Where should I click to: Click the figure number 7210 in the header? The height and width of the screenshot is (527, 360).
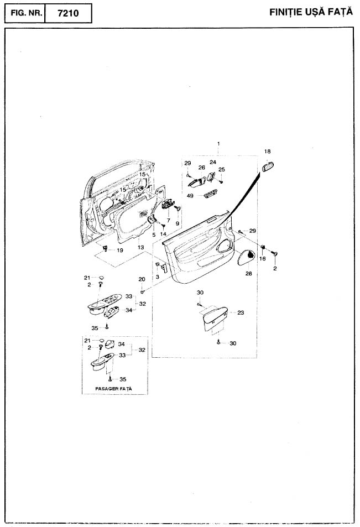tap(68, 13)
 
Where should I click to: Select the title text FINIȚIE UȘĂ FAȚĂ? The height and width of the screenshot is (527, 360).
tap(311, 12)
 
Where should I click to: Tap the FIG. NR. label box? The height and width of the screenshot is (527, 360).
tap(25, 13)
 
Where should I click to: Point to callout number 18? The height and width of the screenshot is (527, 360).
tap(267, 152)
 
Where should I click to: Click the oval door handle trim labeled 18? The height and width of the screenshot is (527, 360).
tap(267, 166)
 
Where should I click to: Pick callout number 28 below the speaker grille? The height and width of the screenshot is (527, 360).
tap(248, 274)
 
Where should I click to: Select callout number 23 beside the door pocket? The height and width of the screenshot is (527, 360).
tap(241, 312)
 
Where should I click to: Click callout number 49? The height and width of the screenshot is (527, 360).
tap(190, 196)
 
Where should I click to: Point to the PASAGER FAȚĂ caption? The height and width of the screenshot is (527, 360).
tap(113, 389)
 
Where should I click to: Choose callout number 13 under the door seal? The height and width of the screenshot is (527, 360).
tap(140, 247)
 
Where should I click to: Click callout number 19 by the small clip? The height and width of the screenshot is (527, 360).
tap(119, 251)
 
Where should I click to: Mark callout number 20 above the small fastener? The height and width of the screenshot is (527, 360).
tap(142, 279)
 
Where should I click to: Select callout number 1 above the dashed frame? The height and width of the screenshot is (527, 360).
tap(218, 144)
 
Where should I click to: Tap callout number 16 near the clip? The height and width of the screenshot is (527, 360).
tap(262, 258)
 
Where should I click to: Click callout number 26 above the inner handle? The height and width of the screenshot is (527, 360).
tap(202, 168)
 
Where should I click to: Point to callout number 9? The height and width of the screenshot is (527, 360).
tap(177, 223)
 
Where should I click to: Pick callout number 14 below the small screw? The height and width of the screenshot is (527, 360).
tap(163, 234)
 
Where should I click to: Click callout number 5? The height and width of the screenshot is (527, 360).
tap(154, 235)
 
